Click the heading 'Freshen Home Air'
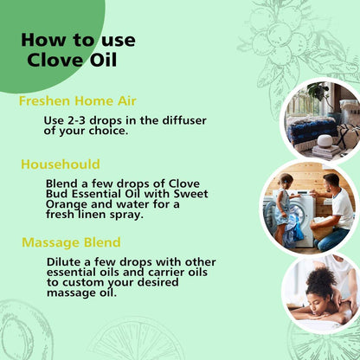78,101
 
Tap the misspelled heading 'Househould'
61,164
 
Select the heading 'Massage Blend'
71,242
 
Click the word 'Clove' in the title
51,60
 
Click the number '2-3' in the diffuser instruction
71,120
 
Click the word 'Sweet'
190,194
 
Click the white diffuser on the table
325,140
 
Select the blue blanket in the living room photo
312,128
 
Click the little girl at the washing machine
285,207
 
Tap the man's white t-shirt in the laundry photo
342,209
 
